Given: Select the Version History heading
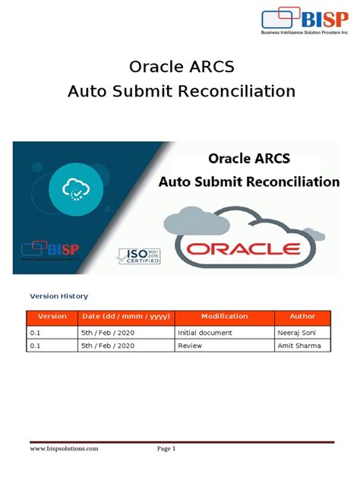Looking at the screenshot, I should point(58,296).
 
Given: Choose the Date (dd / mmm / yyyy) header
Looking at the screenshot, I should point(125,316).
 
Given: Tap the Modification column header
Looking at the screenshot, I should point(223,316).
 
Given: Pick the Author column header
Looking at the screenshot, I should point(302,316).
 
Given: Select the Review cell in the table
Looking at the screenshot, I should point(190,346).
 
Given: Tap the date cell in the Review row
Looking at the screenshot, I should point(107,346).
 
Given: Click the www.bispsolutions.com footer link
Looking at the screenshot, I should point(64,450).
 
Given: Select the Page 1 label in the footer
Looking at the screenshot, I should point(166,450).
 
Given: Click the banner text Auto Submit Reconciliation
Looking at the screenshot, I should point(248,182).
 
